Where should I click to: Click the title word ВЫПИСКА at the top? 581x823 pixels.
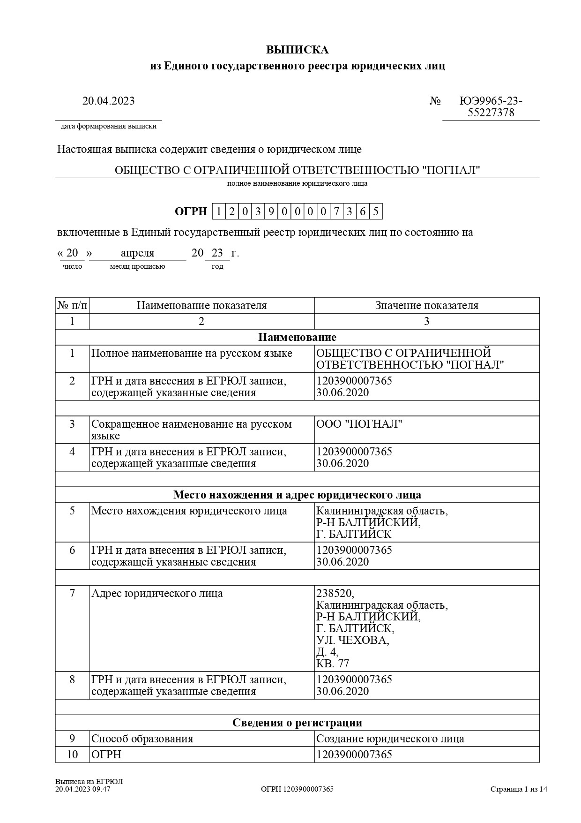tap(297, 50)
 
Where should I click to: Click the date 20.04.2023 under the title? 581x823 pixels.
tap(108, 101)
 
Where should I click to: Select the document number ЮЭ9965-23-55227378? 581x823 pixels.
tap(491, 107)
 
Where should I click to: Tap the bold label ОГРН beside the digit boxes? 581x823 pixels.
tap(191, 211)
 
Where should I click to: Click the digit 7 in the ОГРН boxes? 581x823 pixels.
tap(336, 211)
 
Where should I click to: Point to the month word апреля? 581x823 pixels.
tap(137, 253)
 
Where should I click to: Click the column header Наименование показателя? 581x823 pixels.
tap(201, 306)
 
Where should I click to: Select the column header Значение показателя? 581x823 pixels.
tap(426, 306)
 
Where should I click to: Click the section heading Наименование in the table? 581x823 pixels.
tap(297, 337)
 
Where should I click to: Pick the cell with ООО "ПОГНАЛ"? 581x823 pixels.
tap(359, 424)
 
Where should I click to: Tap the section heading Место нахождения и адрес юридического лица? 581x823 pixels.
tap(297, 495)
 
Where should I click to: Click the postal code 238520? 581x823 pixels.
tap(335, 593)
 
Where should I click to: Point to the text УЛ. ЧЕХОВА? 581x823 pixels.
tap(352, 640)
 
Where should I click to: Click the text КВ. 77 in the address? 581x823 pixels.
tap(333, 664)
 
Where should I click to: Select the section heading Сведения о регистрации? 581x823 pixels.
tap(297, 723)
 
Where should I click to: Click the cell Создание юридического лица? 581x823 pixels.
tap(390, 739)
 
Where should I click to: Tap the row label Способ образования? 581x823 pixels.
tap(142, 739)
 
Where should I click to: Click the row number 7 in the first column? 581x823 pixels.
tap(72, 593)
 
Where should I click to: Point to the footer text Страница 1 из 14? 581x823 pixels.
tap(519, 789)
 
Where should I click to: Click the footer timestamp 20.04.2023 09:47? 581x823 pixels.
tap(82, 789)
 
